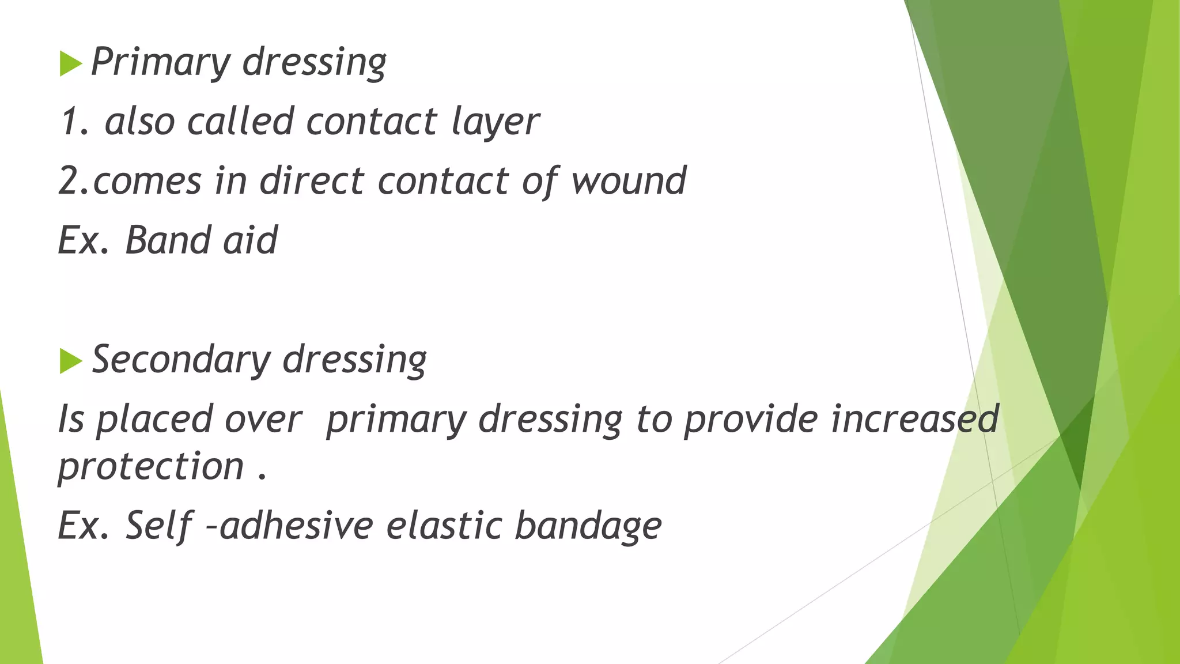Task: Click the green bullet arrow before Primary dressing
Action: (70, 63)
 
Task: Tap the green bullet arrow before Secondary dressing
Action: (70, 361)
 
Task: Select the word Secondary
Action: (181, 360)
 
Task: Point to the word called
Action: (240, 122)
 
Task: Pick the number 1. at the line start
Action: (75, 122)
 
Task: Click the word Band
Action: (167, 240)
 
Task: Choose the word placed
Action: (154, 420)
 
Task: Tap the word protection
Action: (151, 466)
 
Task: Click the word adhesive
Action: (296, 526)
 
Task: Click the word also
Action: (139, 122)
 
